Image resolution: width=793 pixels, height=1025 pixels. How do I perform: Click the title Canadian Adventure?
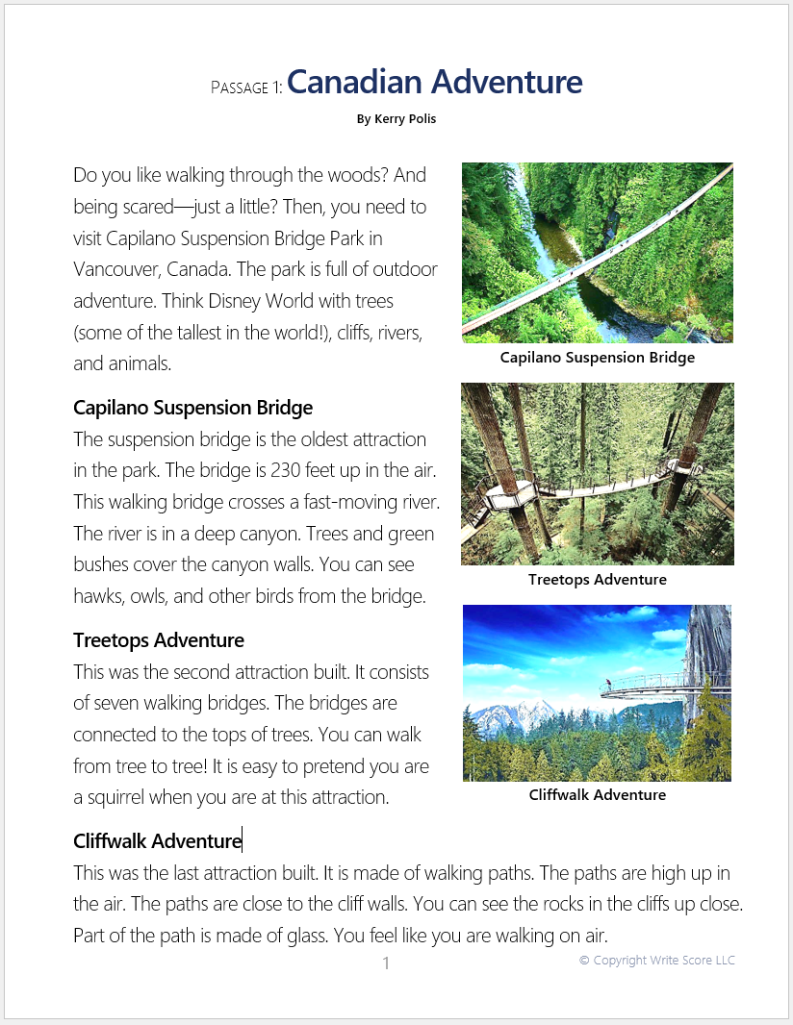[434, 83]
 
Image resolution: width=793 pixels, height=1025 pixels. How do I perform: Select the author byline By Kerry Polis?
[396, 119]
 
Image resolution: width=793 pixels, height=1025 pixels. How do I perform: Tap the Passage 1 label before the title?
[246, 87]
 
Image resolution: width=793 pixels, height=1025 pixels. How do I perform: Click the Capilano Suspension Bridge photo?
[597, 252]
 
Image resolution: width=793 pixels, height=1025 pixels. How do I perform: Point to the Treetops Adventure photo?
[597, 474]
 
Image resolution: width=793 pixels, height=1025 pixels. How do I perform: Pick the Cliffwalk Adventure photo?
[597, 692]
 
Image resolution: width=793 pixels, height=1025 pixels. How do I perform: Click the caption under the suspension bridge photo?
[597, 358]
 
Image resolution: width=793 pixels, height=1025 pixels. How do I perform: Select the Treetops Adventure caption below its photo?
[597, 580]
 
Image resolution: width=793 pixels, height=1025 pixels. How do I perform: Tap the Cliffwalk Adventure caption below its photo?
[597, 795]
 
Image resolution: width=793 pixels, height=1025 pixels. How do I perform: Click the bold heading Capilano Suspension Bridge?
[192, 408]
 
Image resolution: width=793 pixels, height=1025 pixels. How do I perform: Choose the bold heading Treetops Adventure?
[159, 640]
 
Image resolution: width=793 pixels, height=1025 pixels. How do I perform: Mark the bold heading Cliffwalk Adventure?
[157, 841]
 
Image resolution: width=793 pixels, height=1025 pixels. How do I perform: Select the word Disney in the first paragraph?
[228, 301]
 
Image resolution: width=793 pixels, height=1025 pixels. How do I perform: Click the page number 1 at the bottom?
[386, 963]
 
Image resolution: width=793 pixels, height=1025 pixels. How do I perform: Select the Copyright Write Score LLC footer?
[656, 961]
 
